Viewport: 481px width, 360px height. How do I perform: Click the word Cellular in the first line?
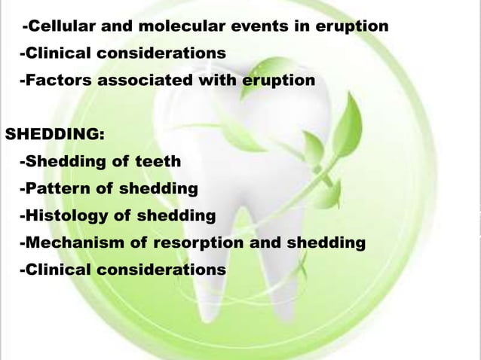pyautogui.click(x=60, y=28)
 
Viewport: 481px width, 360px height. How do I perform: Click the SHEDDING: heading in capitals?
pyautogui.click(x=55, y=135)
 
